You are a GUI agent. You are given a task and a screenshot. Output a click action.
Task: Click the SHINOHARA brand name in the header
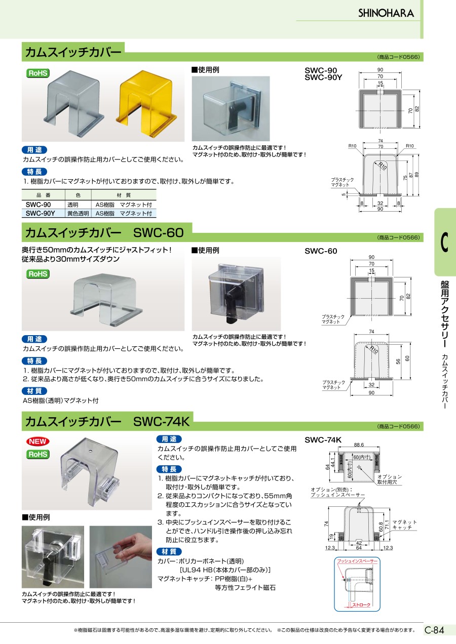coord(386,13)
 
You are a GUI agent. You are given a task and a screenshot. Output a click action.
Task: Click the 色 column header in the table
coord(78,195)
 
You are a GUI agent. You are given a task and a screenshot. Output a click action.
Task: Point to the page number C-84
coord(434,630)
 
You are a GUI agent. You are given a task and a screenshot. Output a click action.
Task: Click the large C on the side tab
coord(444,241)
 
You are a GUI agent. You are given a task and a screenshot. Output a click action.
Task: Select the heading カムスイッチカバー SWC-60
coord(104,233)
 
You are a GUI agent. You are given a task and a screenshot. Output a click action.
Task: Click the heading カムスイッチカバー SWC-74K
coord(107,421)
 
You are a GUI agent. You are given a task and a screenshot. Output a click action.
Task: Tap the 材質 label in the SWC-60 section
coord(34,390)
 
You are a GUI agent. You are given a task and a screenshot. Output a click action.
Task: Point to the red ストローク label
coord(361,605)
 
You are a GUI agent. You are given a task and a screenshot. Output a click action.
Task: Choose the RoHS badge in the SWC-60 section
coord(38,274)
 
